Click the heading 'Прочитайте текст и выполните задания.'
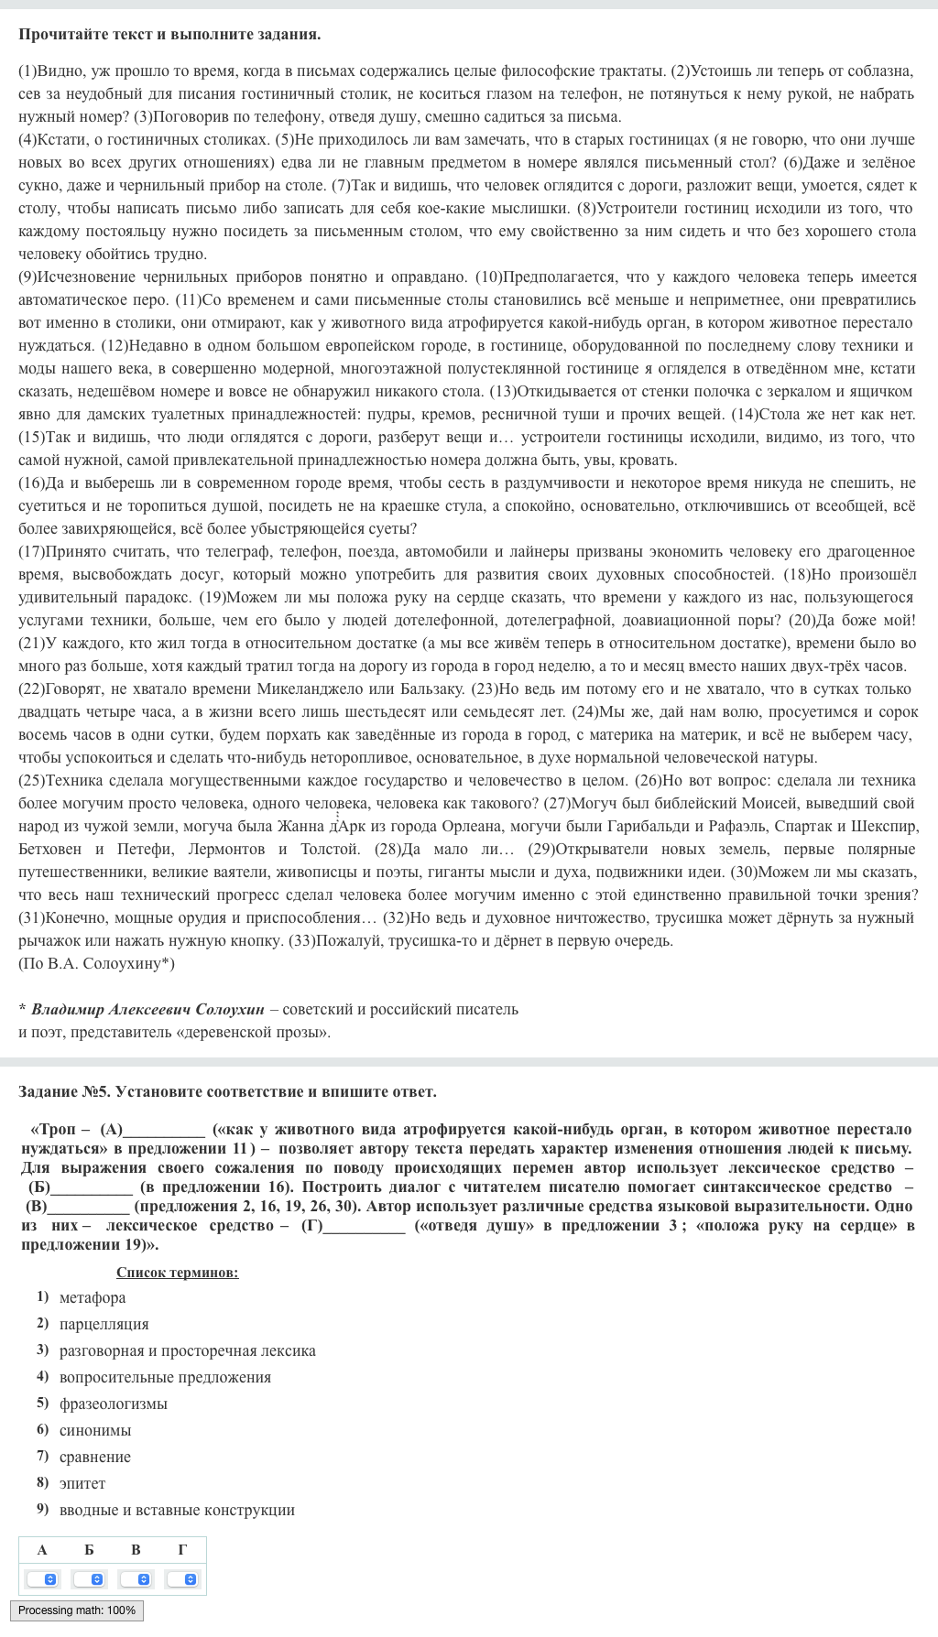click(169, 35)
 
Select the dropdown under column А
click(42, 1579)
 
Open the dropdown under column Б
click(89, 1579)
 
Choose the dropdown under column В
click(136, 1579)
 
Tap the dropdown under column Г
click(182, 1579)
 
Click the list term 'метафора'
click(93, 1297)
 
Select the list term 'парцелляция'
click(104, 1324)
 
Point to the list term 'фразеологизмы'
click(113, 1404)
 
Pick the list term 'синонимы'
click(95, 1430)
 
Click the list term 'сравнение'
click(95, 1457)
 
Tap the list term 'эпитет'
click(82, 1483)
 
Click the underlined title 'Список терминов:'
click(177, 1273)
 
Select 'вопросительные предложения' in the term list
click(165, 1377)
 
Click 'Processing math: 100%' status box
click(77, 1610)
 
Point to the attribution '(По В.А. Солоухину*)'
click(96, 963)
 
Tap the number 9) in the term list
click(42, 1510)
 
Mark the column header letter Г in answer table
click(182, 1550)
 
